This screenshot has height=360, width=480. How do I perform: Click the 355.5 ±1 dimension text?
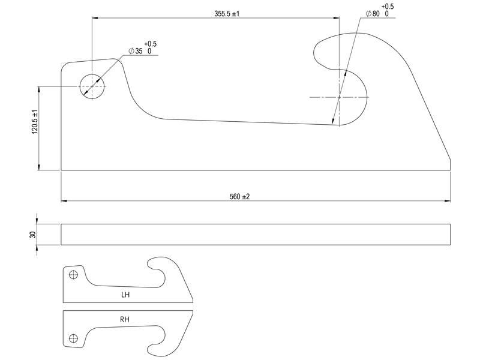pos(227,13)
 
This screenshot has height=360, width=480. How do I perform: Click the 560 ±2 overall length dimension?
pos(239,197)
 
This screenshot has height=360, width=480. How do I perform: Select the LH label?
pos(125,295)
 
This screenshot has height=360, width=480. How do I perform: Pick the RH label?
pos(125,320)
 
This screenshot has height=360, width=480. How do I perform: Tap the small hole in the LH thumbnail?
pos(73,275)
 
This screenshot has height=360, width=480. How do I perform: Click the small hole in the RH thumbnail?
pos(73,338)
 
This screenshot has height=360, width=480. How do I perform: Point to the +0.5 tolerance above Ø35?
pos(150,44)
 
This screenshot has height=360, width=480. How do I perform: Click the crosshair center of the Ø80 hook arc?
pos(339,97)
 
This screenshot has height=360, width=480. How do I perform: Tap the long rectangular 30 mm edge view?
pos(255,234)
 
